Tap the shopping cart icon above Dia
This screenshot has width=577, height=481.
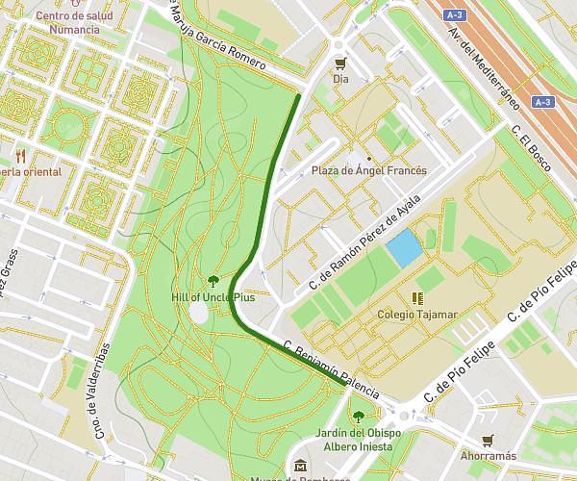[x=339, y=63]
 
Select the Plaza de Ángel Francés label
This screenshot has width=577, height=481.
[x=368, y=170]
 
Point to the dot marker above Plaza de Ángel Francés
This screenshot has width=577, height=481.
[x=368, y=157]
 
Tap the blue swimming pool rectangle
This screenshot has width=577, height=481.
[x=404, y=248]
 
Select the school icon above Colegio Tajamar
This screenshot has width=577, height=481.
[x=417, y=298]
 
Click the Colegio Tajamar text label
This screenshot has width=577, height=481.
[x=417, y=314]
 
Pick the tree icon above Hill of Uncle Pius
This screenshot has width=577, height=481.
[x=213, y=281]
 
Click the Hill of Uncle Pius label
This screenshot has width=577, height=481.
[x=213, y=296]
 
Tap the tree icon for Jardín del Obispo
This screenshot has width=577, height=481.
[x=359, y=417]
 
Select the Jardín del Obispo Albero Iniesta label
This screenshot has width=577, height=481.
[x=359, y=439]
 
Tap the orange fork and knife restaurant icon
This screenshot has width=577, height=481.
[x=19, y=156]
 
